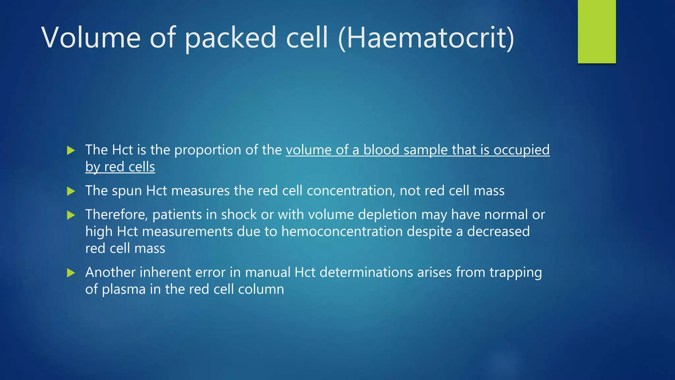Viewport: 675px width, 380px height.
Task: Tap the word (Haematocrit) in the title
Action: [x=426, y=38]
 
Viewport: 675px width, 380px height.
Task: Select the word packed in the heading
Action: [x=230, y=38]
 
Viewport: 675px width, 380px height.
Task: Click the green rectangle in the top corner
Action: [x=597, y=31]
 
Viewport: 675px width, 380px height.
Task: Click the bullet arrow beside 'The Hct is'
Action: [x=71, y=150]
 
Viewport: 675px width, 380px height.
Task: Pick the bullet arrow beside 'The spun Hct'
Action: [x=71, y=191]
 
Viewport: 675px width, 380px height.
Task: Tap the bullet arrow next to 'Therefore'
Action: [x=71, y=215]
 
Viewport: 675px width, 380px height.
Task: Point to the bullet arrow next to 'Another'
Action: [x=71, y=273]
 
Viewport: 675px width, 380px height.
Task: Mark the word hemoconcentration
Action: [x=342, y=232]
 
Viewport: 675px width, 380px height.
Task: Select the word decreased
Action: [x=498, y=232]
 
